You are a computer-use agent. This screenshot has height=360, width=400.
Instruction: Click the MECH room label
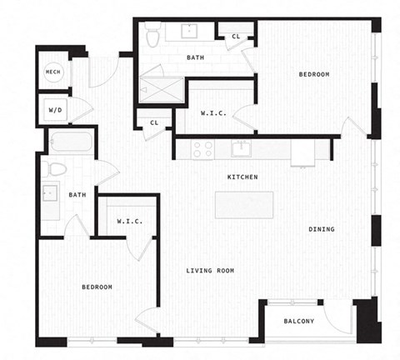(x=52, y=72)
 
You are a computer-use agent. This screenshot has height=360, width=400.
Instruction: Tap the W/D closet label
(x=54, y=109)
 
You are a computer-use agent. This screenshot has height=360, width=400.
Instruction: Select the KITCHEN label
(x=242, y=177)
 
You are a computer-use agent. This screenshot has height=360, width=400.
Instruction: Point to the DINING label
(x=322, y=229)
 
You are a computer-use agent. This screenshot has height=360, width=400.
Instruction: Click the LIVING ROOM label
(x=209, y=271)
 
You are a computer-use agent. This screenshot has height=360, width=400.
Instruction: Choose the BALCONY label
(x=297, y=321)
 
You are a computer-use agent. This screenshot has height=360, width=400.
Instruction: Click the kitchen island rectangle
(x=243, y=205)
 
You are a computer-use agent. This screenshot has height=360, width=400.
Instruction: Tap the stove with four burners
(x=202, y=148)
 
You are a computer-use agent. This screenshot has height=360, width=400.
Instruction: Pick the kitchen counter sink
(x=242, y=148)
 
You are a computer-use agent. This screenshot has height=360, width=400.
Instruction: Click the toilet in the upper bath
(x=152, y=37)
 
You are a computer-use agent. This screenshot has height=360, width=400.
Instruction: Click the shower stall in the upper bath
(x=159, y=86)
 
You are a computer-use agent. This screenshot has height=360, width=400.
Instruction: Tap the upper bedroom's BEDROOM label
(x=314, y=75)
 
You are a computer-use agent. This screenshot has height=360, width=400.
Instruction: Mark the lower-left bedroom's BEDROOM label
(x=97, y=287)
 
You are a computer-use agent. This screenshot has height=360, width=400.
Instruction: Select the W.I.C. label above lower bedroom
(x=128, y=222)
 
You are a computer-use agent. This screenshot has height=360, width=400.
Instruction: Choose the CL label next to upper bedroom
(x=236, y=36)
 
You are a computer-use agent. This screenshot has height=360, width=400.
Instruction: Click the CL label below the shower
(x=154, y=123)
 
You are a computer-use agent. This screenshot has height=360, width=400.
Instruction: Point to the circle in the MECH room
(x=52, y=72)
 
